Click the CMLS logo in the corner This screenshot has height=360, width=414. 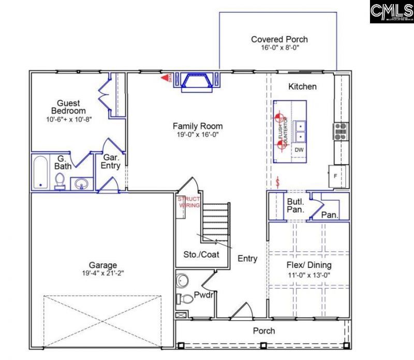(391, 11)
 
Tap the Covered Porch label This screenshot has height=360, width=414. (279, 39)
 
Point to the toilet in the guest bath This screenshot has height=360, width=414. (60, 181)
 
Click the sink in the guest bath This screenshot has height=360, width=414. (80, 183)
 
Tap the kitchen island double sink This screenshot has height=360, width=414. (299, 131)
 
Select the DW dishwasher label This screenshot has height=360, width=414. (299, 150)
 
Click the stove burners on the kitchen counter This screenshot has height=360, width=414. (341, 131)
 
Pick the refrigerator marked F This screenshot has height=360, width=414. (335, 176)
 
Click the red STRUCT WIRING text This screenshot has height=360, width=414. (188, 202)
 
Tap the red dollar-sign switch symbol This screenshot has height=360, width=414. (279, 182)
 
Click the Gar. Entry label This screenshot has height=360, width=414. (111, 161)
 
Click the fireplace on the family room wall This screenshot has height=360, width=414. (198, 82)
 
